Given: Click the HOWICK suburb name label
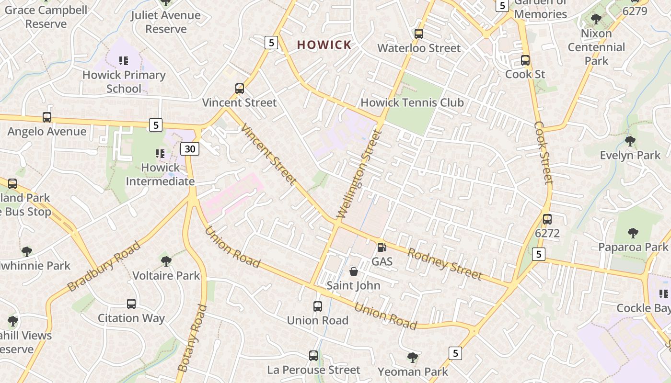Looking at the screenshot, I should tap(324, 45).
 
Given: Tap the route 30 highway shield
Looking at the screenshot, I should tap(190, 149).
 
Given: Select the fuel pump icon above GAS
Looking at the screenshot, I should tap(382, 248).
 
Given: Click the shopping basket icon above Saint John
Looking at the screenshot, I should tap(354, 272).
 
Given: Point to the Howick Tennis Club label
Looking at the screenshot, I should tap(412, 102).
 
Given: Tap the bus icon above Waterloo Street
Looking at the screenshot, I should tap(419, 34).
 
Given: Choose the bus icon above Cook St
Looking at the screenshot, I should tap(525, 60).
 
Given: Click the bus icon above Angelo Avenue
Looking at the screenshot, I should tap(47, 117).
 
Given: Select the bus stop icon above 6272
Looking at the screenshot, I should tap(547, 219).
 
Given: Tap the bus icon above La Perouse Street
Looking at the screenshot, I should tap(313, 356).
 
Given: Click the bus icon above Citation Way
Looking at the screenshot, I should tap(131, 304).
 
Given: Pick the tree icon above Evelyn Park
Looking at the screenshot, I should tap(630, 141).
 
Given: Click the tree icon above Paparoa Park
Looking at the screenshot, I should tap(633, 233).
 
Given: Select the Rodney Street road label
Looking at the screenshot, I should tap(444, 264).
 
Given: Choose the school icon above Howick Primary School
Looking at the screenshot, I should tap(124, 61).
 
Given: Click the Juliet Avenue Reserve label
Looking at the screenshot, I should tap(166, 22).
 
